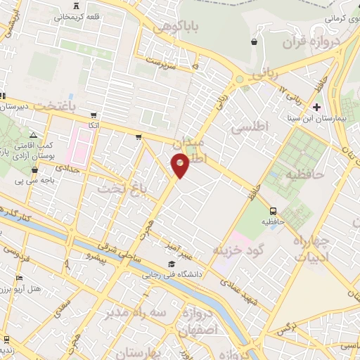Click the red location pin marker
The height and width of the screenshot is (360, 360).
point(181,165)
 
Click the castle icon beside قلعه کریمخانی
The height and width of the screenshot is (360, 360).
point(75,16)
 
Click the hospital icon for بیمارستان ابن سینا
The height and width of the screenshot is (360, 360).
point(317,108)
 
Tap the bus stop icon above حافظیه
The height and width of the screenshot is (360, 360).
point(274,210)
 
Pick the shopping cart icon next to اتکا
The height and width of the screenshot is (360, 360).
point(94,115)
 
